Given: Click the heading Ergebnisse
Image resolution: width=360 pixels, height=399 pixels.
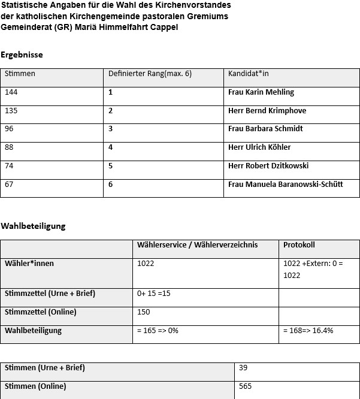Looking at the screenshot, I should (x=22, y=55).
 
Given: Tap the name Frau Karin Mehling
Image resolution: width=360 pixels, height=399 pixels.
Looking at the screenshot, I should (x=261, y=92).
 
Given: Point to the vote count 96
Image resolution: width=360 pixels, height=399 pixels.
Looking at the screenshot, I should (x=10, y=129).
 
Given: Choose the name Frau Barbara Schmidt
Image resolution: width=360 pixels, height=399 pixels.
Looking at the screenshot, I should (x=265, y=129).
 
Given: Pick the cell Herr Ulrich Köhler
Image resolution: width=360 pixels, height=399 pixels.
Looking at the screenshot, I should (x=259, y=147).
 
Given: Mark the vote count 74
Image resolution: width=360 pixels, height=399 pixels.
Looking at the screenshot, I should (x=10, y=166).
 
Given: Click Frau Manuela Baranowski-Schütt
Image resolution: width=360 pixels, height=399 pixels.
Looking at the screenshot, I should (x=285, y=184).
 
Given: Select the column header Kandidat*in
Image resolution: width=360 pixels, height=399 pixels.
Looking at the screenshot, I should (x=247, y=74).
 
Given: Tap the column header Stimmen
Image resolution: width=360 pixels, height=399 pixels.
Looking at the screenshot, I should (x=20, y=74).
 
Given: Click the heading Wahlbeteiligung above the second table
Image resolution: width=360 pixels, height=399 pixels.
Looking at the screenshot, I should (x=33, y=226).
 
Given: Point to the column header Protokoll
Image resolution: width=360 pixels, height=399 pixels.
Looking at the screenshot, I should (x=299, y=245).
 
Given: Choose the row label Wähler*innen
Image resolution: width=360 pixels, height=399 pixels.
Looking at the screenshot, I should (x=29, y=263).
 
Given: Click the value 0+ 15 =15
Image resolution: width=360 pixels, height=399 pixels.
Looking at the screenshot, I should (x=154, y=294).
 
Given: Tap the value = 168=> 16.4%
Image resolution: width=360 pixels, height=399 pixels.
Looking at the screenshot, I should (x=308, y=331).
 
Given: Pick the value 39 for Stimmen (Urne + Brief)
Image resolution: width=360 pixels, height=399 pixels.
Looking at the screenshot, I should (x=243, y=368).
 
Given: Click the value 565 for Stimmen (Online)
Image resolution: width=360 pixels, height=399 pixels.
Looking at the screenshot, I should (x=245, y=386).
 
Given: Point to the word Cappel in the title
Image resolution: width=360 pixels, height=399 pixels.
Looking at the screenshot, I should (x=164, y=27).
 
